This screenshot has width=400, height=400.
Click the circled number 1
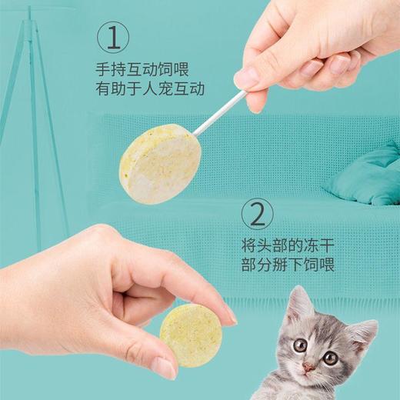pos(113,37)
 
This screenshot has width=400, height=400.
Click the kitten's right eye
pos(330,358)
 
